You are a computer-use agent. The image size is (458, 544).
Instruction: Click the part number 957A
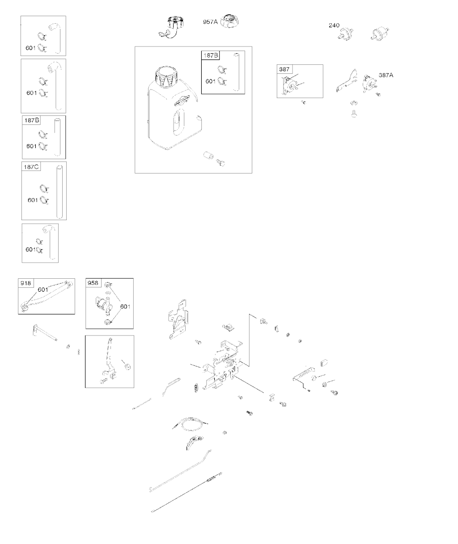coord(210,22)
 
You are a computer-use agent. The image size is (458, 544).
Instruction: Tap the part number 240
coord(334,25)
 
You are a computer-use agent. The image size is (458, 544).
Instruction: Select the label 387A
coord(386,75)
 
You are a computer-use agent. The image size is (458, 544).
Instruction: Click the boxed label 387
coord(284,69)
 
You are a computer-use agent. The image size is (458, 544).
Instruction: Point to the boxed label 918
coord(25,283)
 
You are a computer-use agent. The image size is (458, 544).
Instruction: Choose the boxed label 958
coord(93,283)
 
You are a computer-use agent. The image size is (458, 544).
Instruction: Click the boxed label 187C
coord(31,167)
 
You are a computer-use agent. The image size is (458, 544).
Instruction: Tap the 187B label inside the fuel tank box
coord(211,55)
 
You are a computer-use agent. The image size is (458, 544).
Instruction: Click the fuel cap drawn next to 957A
coord(229,21)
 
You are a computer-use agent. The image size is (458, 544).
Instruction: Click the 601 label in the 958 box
coord(125,306)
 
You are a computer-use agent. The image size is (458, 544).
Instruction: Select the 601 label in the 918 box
coord(43,289)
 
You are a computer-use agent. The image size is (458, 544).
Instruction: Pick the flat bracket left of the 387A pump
coord(347,81)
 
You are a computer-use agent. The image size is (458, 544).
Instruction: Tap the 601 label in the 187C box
coord(33,200)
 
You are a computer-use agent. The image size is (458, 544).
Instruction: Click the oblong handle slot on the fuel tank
coord(179,122)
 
